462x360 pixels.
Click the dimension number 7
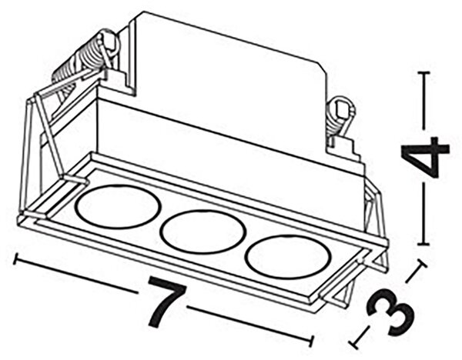coord(166,302)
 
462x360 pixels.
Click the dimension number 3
coord(390,312)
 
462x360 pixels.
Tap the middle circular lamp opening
coord(203,231)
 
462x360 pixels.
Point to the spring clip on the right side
coord(340,116)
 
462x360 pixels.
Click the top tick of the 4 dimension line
coord(424,72)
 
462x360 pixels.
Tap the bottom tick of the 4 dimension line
coord(424,244)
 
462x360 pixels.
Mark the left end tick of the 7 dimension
coord(16,258)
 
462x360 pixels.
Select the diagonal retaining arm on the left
coord(50,135)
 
